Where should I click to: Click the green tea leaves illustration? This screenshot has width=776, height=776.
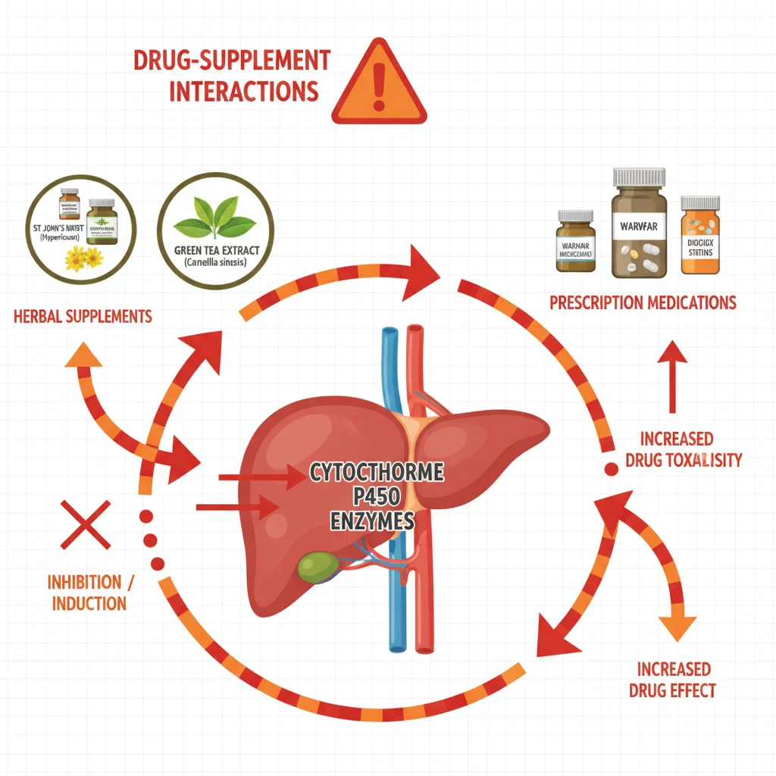coord(214,221)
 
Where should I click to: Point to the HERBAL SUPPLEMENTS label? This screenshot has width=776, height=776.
coord(83,316)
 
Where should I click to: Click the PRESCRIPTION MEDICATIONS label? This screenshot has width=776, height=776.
coord(643,303)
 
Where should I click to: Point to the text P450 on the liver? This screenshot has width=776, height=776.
coord(376,497)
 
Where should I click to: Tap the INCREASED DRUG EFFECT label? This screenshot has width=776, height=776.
coord(673,679)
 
